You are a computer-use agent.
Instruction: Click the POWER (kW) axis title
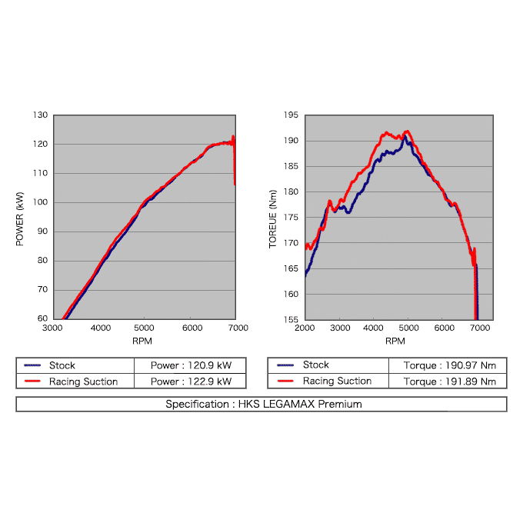coord(20,218)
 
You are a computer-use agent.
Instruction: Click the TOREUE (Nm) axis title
coord(273,218)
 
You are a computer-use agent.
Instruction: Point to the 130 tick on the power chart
coord(40,115)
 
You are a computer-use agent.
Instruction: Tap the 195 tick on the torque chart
coord(291,115)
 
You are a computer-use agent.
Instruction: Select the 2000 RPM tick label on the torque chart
coord(305,328)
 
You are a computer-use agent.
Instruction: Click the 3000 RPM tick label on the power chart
coord(52,328)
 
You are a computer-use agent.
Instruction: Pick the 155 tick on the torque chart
coord(291,319)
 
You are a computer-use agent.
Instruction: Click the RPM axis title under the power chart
coord(142,341)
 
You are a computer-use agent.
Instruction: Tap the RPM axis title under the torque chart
coord(395,341)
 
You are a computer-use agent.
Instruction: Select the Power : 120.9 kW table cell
coord(191,365)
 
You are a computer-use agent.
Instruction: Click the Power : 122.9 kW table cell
coord(191,381)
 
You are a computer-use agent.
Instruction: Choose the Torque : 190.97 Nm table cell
coord(450,365)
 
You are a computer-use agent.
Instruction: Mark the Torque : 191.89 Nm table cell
coord(450,381)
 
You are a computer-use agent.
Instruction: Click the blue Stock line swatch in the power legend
coord(32,365)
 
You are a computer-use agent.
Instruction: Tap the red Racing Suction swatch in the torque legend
coord(285,381)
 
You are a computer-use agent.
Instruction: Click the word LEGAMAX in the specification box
coord(289,404)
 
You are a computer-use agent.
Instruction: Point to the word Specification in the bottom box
coord(197,405)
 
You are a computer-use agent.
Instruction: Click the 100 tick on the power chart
coord(40,202)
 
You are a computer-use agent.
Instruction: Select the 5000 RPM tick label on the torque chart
coord(408,328)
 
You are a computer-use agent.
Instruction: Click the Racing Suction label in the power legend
coord(83,381)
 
